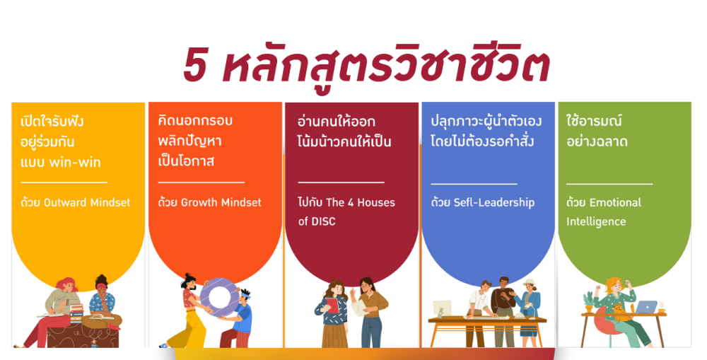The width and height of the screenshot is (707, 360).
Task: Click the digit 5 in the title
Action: pos(195,66)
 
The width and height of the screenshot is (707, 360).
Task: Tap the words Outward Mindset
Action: pos(87,202)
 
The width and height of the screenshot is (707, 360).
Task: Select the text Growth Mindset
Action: pos(221,202)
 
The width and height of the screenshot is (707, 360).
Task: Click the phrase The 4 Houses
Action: pos(361,202)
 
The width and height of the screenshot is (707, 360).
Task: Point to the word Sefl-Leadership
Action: pos(493,202)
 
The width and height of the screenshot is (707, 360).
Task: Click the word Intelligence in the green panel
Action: pos(596,222)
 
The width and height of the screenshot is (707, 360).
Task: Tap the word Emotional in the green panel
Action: pos(616,202)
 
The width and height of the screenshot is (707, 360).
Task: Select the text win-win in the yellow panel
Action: pos(75,163)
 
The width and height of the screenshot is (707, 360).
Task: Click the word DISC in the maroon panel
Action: pos(323,221)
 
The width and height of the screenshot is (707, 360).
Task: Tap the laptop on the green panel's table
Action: pos(645,307)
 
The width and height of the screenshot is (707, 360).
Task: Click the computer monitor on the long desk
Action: pos(442,309)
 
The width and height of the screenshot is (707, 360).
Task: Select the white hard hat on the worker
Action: pos(528,282)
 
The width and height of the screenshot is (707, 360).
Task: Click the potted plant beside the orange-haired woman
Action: pos(589,301)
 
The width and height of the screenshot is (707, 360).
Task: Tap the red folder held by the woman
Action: pos(333,306)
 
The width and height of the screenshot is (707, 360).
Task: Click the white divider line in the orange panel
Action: pos(201,182)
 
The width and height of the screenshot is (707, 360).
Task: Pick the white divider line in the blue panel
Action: pos(474,184)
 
